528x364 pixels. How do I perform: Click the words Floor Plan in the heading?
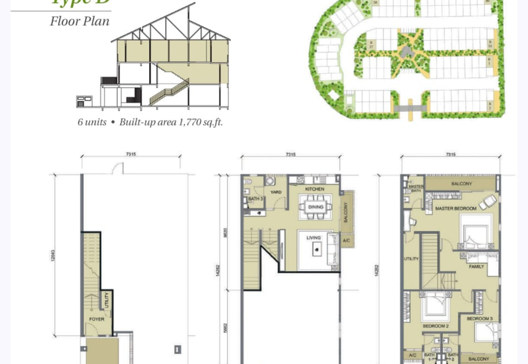(79, 20)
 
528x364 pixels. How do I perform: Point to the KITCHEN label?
(314, 189)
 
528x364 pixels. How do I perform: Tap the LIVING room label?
(313, 238)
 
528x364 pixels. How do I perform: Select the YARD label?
(277, 192)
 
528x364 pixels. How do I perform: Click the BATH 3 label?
(255, 199)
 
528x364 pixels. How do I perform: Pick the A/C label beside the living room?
(347, 241)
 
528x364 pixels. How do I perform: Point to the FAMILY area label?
(476, 266)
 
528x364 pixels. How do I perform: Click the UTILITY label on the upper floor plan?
(411, 258)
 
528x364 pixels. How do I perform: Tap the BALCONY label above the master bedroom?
(461, 184)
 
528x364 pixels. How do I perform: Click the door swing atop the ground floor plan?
(117, 169)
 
